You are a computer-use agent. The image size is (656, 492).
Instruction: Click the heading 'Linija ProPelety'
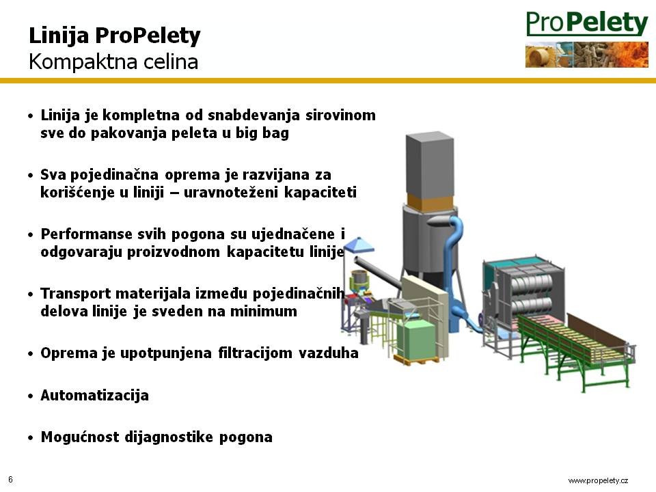115,36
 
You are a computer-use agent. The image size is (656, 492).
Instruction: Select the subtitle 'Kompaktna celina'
113,62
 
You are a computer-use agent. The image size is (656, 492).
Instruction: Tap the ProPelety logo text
587,23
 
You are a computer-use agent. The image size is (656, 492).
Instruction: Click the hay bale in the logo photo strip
541,56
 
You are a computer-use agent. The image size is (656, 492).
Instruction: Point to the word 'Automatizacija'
94,396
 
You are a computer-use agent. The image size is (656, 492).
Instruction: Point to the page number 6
11,480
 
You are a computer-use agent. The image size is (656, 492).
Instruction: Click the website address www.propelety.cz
598,480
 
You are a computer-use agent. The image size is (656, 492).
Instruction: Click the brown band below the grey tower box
430,203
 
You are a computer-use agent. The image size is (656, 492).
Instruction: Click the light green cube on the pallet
415,338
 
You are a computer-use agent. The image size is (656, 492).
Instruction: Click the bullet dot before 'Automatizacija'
30,396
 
